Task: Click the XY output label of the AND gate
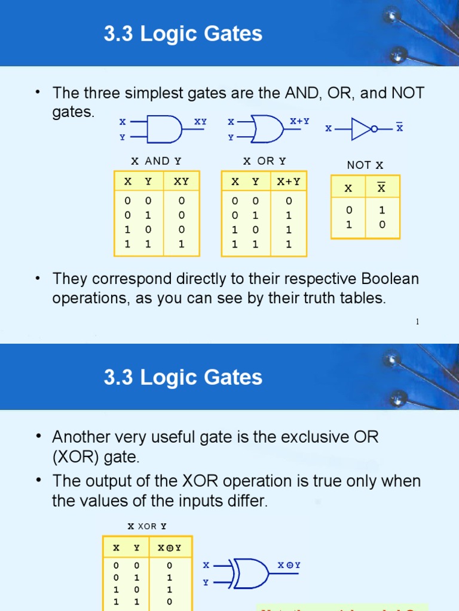click(x=200, y=121)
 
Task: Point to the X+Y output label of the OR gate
click(x=299, y=121)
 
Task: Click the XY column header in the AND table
click(x=181, y=181)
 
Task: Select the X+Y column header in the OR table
click(x=289, y=181)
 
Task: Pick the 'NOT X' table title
click(x=365, y=165)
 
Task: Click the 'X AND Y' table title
click(x=156, y=161)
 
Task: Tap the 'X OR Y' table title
click(x=264, y=161)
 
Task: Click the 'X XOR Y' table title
click(x=147, y=526)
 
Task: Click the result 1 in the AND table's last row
click(x=181, y=243)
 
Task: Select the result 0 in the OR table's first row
click(x=289, y=201)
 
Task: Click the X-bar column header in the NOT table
click(x=381, y=189)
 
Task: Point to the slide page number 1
click(x=417, y=322)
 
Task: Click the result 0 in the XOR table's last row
click(x=169, y=602)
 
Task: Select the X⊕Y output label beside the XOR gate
click(x=289, y=565)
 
